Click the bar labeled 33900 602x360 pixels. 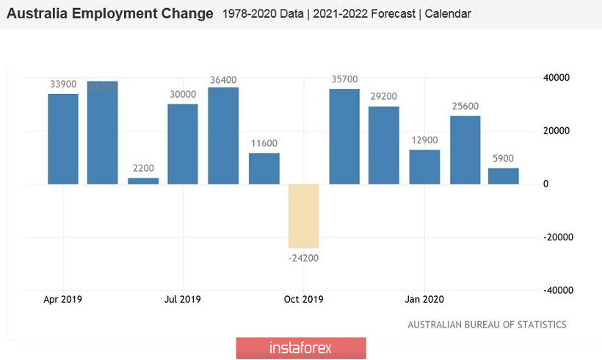(63, 139)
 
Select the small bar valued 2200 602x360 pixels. (143, 181)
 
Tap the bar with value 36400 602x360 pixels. (223, 136)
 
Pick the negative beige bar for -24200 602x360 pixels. (303, 216)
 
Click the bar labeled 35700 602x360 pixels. (344, 137)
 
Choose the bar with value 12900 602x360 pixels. (424, 167)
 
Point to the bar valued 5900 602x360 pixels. (504, 176)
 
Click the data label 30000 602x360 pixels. (182, 94)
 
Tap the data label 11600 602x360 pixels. (264, 143)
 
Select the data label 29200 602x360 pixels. (384, 96)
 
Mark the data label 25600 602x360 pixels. (465, 106)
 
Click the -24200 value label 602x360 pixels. (303, 258)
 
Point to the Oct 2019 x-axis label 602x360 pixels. (303, 299)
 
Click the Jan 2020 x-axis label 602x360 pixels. (424, 299)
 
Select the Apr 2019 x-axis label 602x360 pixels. (63, 299)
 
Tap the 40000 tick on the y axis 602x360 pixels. (556, 78)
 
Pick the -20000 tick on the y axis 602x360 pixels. (556, 237)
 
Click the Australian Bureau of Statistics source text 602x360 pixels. (487, 324)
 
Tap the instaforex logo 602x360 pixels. (300, 348)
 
